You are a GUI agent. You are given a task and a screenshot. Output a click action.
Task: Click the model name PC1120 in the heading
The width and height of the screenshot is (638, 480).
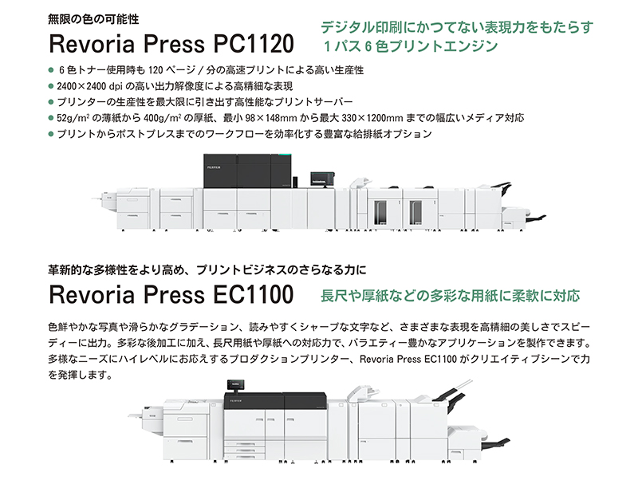253,44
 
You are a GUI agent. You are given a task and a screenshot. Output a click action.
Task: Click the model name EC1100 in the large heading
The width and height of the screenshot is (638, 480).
253,294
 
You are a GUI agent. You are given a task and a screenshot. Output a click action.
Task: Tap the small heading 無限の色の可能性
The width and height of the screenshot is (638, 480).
93,19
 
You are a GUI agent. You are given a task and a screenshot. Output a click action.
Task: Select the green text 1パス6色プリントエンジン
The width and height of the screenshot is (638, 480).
410,46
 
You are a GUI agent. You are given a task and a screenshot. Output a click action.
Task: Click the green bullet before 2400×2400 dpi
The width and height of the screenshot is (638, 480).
51,86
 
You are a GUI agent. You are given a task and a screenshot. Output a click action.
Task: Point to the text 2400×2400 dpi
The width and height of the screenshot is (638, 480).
89,86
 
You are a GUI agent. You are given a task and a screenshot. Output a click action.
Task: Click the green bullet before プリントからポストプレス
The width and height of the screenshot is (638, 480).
51,134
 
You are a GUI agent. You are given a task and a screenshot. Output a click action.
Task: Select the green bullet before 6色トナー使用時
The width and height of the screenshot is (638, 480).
51,70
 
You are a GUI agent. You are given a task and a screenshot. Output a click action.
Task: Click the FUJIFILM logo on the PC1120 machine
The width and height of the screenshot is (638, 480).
213,167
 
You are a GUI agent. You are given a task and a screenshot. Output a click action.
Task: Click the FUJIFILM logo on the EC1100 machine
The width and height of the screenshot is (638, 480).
235,401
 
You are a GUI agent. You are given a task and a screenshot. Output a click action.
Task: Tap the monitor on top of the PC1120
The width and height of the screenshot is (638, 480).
322,179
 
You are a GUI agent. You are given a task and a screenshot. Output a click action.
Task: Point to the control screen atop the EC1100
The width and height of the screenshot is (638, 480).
236,384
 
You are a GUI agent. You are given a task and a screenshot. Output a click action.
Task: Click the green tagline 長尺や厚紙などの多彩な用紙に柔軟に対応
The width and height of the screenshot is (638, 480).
450,296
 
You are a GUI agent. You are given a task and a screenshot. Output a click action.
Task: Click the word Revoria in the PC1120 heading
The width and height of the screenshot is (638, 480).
92,44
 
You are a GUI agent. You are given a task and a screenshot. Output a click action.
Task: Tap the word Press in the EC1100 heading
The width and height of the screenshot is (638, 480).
174,294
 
